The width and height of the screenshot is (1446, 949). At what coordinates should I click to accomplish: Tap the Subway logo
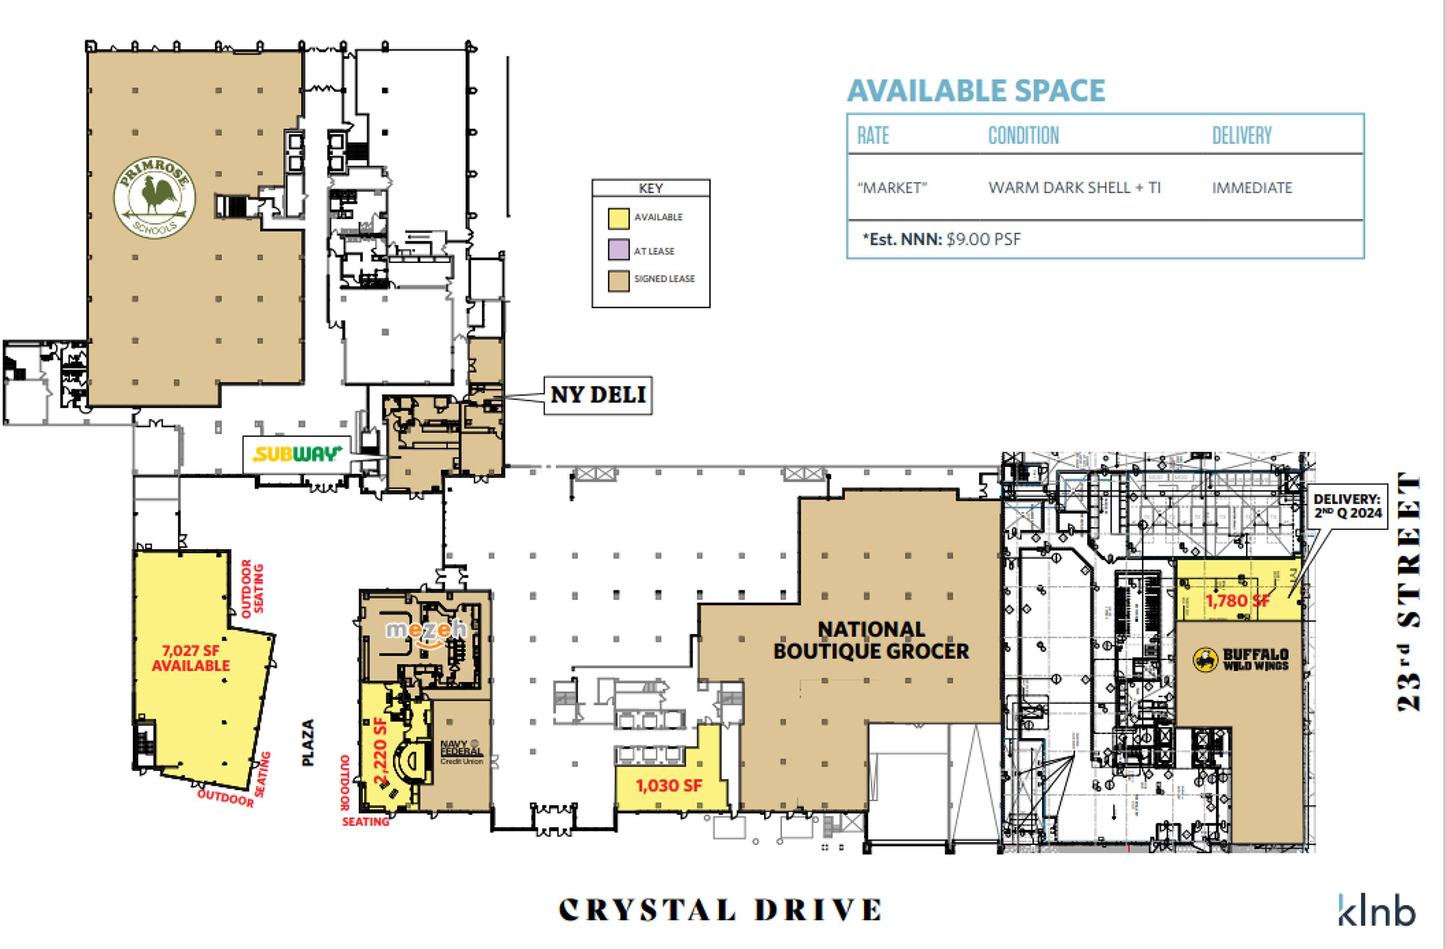297,454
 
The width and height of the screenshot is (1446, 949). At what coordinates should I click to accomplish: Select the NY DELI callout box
597,395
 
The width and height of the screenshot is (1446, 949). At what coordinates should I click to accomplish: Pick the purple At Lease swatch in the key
618,250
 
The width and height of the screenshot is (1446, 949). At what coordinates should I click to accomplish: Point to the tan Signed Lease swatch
618,281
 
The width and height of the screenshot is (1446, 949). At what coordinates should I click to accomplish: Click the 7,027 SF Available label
191,658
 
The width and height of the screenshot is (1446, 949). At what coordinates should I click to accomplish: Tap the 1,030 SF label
669,786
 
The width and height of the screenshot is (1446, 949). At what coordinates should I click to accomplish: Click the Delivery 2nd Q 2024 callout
1347,506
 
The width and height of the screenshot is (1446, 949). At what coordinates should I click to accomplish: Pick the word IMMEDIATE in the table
1252,188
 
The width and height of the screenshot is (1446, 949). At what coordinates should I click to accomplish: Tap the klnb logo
1377,910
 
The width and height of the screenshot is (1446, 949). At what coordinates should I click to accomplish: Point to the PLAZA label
308,742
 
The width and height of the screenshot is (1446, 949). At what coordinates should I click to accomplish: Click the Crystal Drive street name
720,909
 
